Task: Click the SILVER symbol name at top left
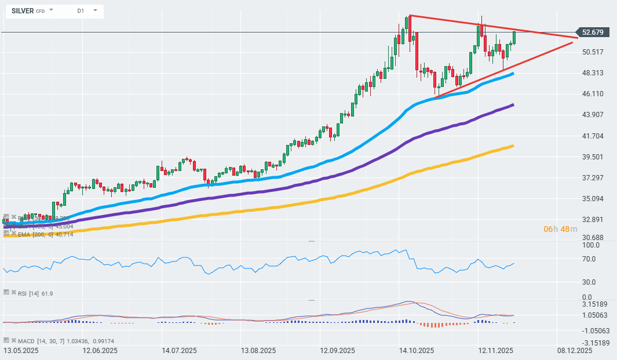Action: coord(22,10)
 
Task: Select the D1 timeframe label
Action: coord(80,10)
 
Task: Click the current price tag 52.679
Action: coord(592,32)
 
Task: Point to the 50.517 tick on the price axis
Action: coord(593,52)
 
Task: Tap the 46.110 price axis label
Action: coord(593,94)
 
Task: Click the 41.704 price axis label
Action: coord(593,136)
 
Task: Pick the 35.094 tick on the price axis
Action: coord(593,199)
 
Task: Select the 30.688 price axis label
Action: coord(593,238)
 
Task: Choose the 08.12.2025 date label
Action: coord(575,351)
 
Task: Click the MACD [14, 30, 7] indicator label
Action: coord(49,341)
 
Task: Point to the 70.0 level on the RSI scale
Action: coord(590,259)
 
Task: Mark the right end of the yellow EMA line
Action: coord(513,146)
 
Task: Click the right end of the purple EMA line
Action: coord(513,105)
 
